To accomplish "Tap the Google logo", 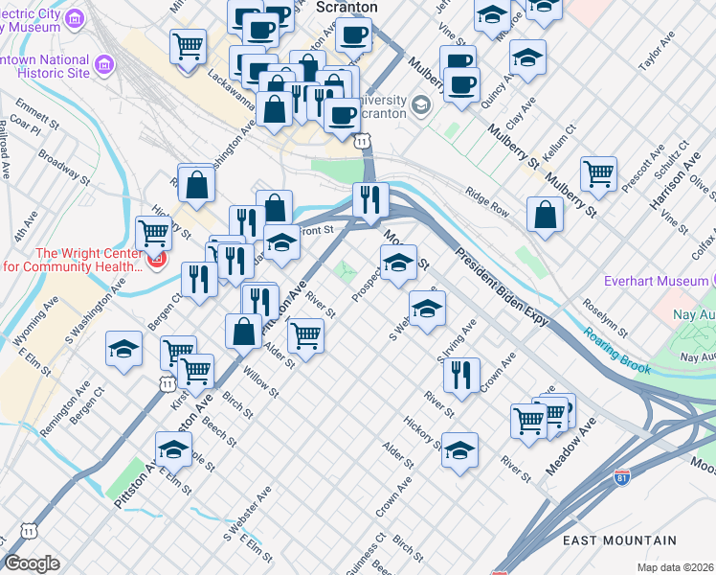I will [x=32, y=563].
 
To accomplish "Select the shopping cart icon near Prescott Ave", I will [x=598, y=173].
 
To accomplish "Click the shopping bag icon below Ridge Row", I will [x=545, y=216].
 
